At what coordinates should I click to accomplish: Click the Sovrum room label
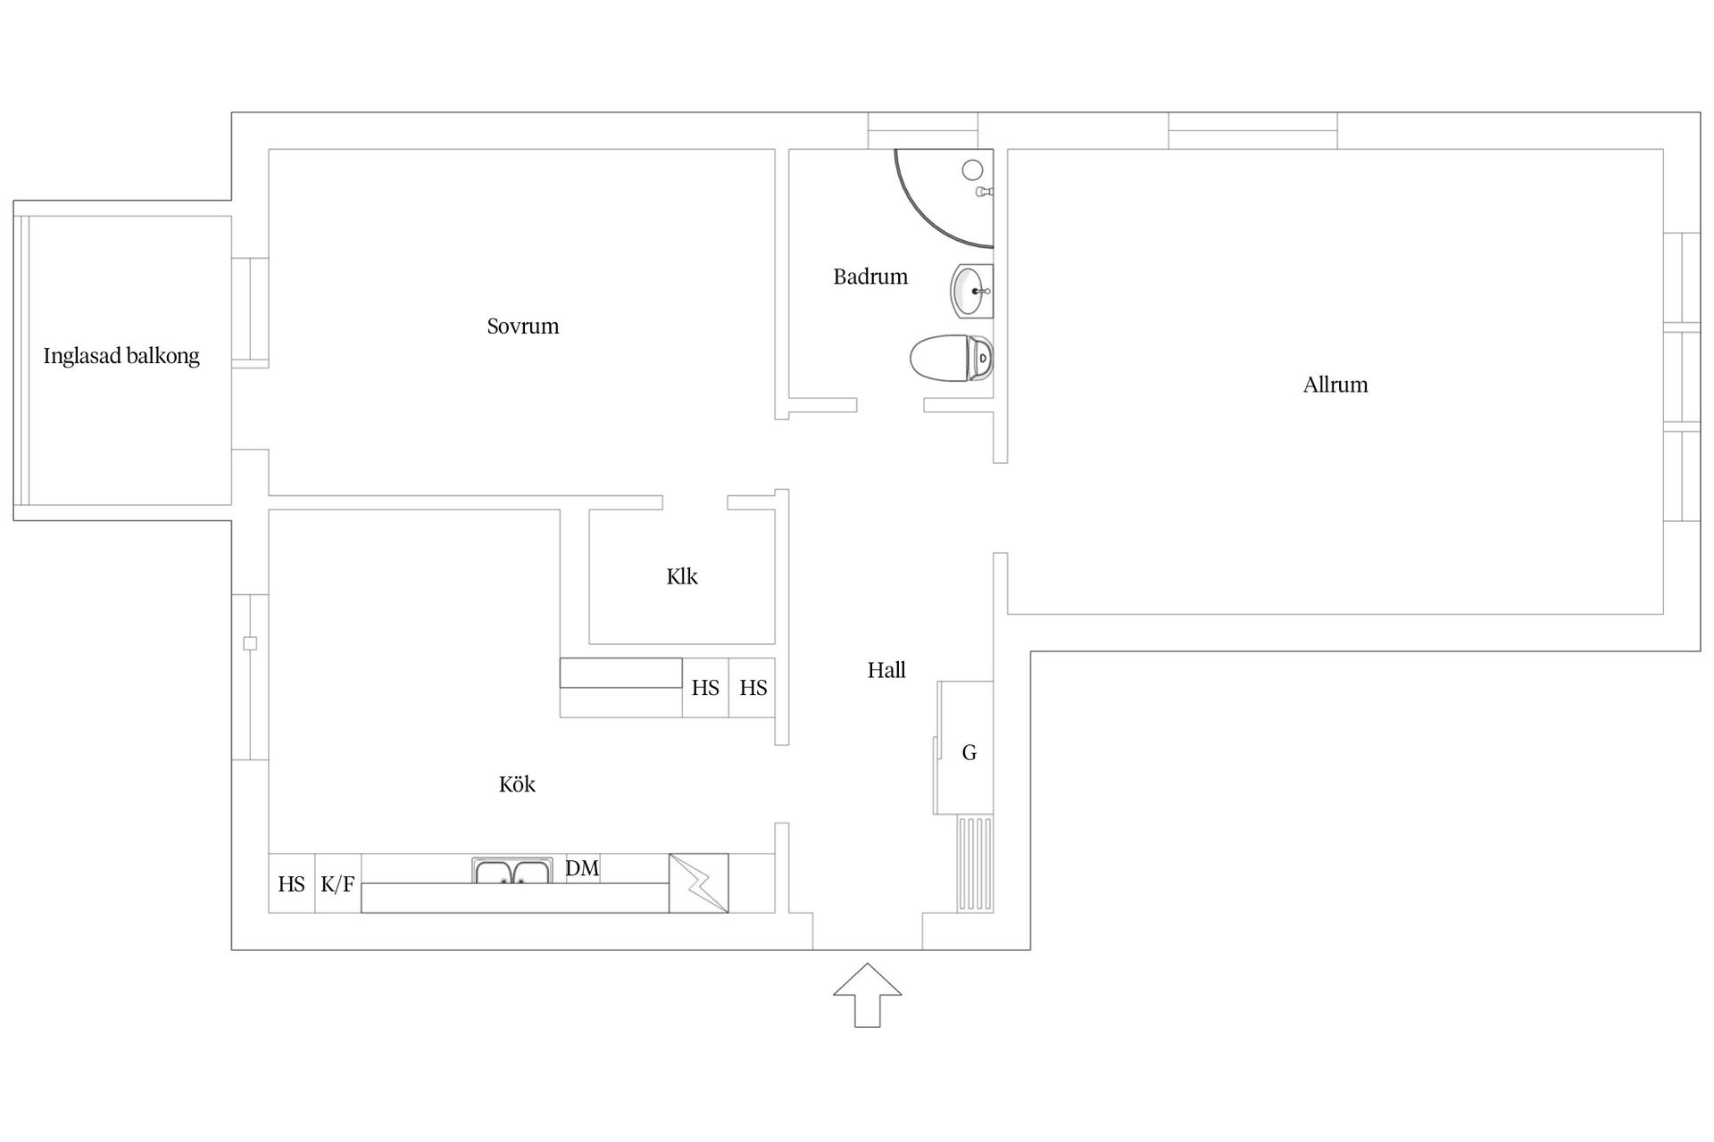(523, 327)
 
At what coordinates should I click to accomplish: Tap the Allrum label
(1335, 385)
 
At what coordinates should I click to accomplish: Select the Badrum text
(870, 277)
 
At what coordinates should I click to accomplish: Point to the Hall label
(886, 670)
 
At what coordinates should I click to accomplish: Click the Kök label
(517, 784)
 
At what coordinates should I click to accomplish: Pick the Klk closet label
(682, 576)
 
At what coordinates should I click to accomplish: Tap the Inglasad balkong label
(121, 356)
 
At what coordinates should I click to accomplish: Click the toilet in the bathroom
(950, 359)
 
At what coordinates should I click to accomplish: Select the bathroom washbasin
(971, 291)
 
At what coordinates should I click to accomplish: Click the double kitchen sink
(512, 872)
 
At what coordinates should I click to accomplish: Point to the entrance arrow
(868, 994)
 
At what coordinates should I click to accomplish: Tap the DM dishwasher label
(582, 868)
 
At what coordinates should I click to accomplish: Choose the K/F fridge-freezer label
(337, 884)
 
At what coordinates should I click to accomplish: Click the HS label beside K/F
(291, 884)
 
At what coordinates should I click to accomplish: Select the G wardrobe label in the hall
(969, 753)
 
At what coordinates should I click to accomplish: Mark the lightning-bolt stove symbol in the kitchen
(698, 883)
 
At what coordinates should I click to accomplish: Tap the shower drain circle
(973, 170)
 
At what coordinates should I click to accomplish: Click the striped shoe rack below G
(975, 863)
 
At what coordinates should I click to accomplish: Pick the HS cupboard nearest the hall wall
(753, 688)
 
